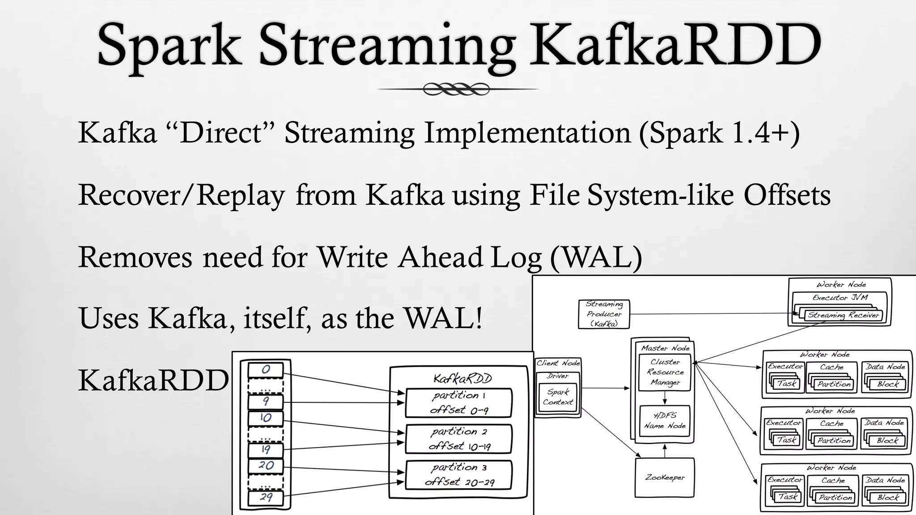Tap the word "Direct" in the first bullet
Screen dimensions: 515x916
[x=221, y=133]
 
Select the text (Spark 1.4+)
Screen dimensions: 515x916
[x=719, y=133]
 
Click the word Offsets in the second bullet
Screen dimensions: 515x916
[x=787, y=195]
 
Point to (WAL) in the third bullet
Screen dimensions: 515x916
[x=596, y=257]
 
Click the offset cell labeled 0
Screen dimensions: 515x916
[x=266, y=370]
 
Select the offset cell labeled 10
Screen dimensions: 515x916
[x=266, y=418]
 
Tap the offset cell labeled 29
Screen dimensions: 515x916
[x=266, y=497]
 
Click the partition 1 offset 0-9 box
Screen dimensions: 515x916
[x=458, y=402]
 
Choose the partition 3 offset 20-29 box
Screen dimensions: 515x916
[x=458, y=475]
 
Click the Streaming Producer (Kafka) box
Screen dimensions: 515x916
[x=604, y=314]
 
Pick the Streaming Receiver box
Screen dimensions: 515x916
[x=843, y=315]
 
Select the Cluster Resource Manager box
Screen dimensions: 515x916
[x=665, y=372]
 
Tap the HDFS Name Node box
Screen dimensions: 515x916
[x=665, y=420]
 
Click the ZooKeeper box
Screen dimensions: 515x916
[x=665, y=477]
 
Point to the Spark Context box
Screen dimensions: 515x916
[x=558, y=397]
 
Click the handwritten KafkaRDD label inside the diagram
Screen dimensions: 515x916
[x=462, y=379]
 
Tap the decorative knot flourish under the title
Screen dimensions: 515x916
[x=456, y=89]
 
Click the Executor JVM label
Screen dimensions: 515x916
[x=840, y=297]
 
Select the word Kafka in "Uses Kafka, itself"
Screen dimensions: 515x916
[x=187, y=318]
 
